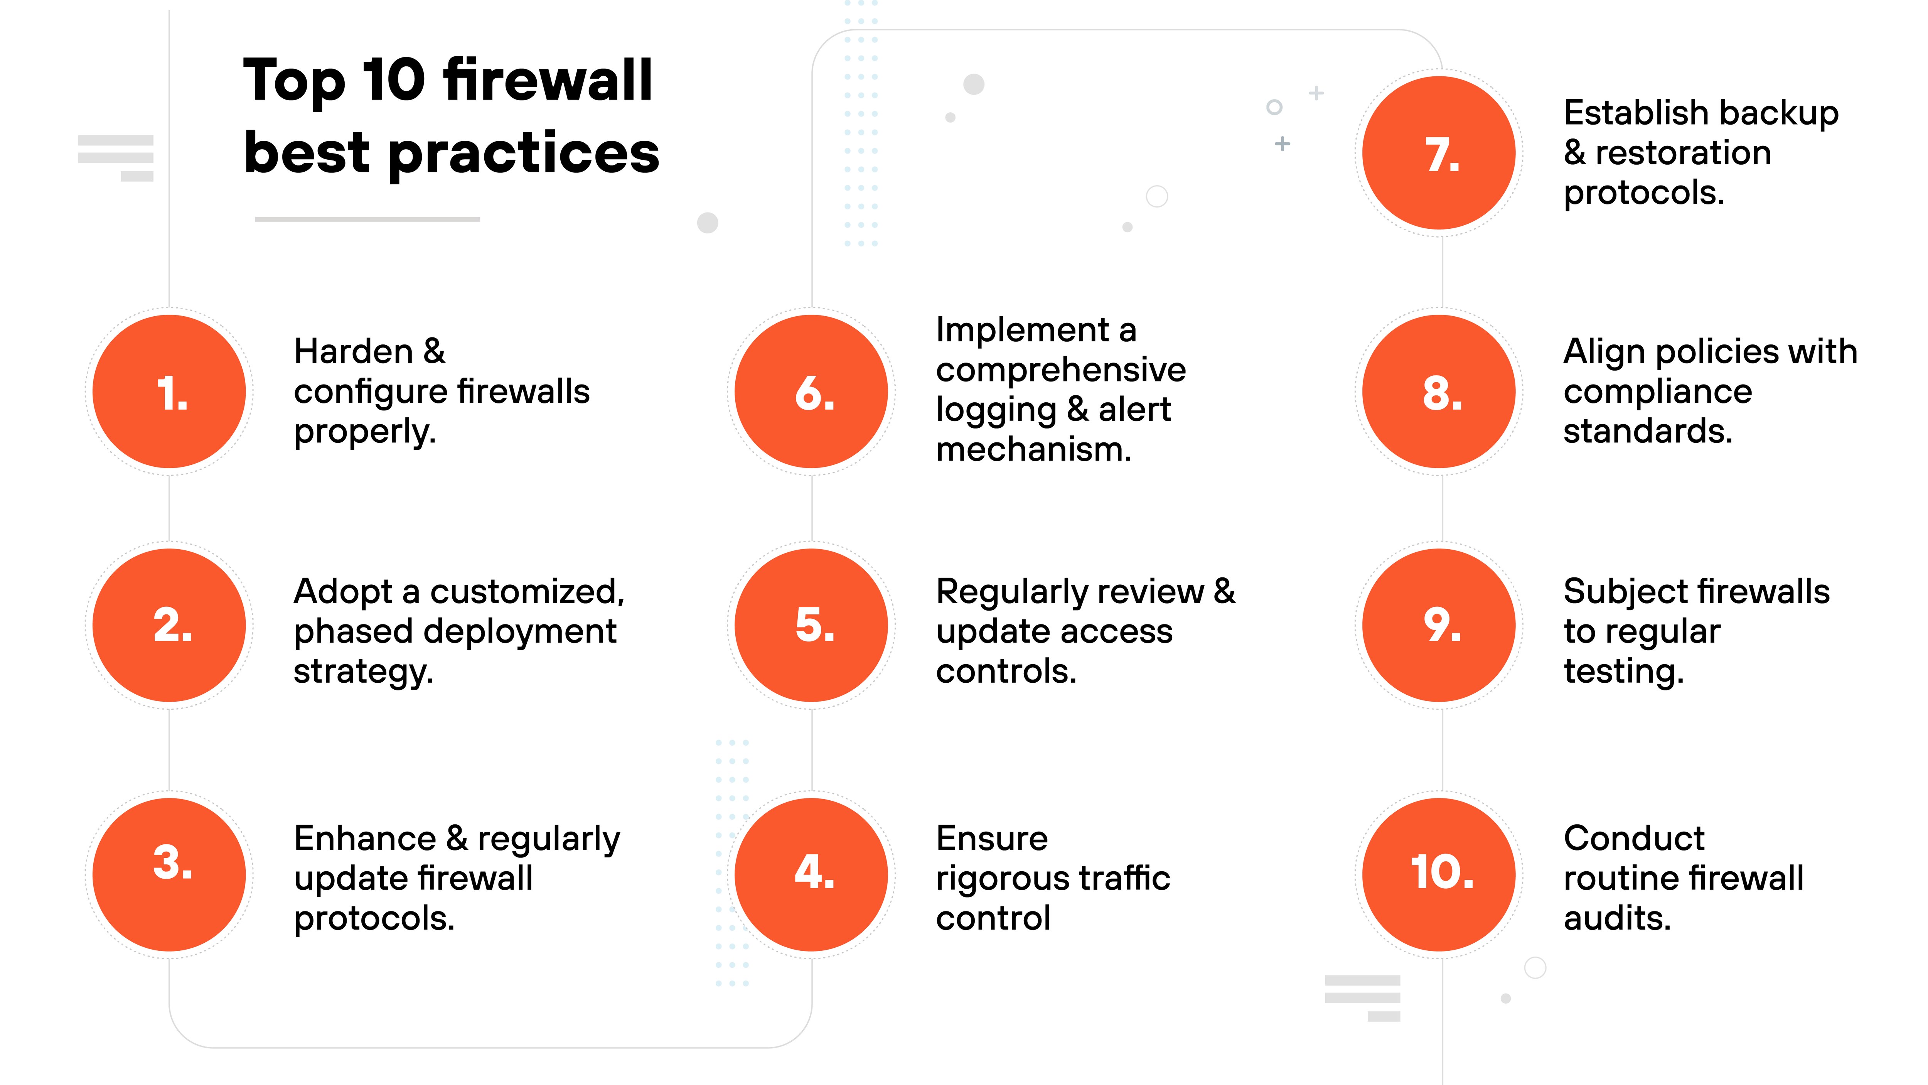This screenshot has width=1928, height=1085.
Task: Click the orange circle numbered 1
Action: point(169,391)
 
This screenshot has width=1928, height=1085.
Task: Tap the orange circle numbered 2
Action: point(169,625)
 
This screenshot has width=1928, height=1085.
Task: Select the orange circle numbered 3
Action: point(169,874)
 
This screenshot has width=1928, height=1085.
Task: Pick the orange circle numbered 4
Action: point(811,874)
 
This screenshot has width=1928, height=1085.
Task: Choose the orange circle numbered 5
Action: point(811,625)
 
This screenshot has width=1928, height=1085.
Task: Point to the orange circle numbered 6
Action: point(811,391)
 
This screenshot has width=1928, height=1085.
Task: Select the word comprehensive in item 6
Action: point(1060,370)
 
